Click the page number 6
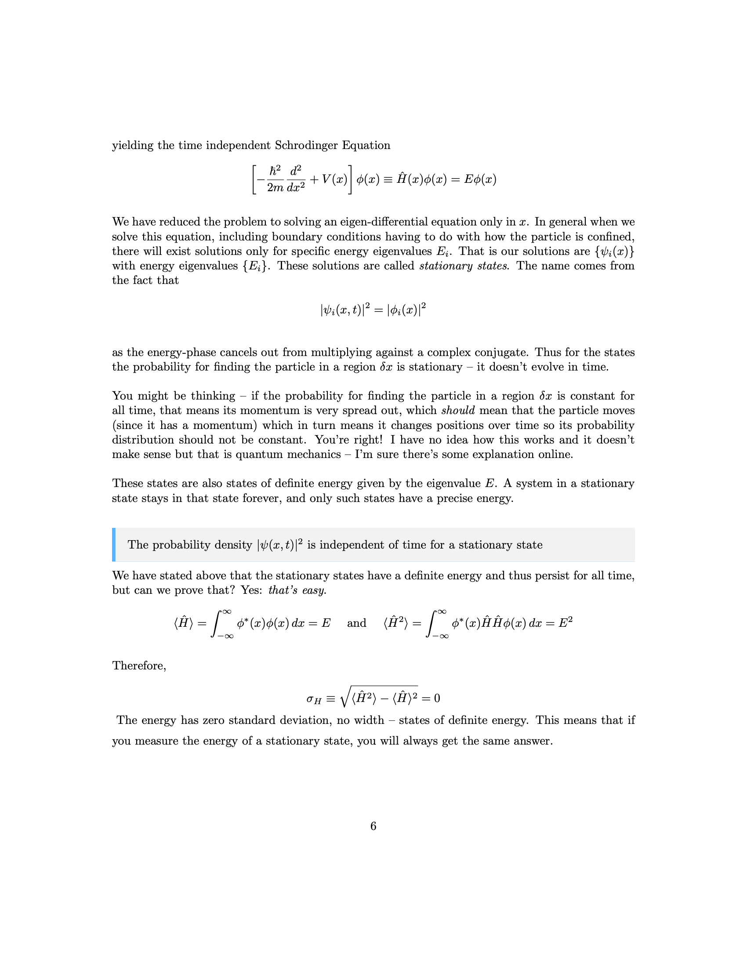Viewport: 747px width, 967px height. pyautogui.click(x=373, y=826)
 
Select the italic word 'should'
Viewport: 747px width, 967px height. pyautogui.click(x=458, y=411)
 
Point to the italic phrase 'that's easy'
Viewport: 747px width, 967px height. pyautogui.click(x=297, y=590)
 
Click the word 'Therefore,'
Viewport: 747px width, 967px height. pyautogui.click(x=139, y=665)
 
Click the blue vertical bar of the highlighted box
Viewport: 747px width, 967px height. pyautogui.click(x=114, y=545)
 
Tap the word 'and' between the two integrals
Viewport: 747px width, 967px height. pyautogui.click(x=356, y=623)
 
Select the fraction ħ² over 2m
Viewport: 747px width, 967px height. pyautogui.click(x=275, y=179)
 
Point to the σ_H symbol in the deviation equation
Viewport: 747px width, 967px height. pyautogui.click(x=314, y=699)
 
